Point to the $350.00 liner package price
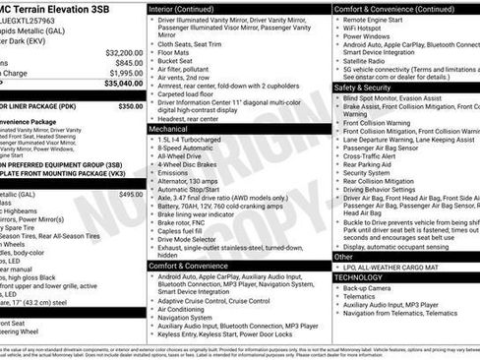pyautogui.click(x=130, y=104)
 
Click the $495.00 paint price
pyautogui.click(x=130, y=195)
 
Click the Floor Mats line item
pyautogui.click(x=175, y=52)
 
